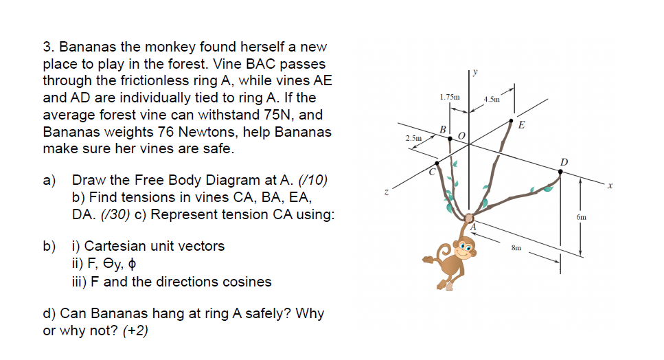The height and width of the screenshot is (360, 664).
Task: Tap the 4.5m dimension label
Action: (x=491, y=100)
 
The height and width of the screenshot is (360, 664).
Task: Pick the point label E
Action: (x=522, y=126)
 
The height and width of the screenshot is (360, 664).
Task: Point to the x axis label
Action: (x=608, y=184)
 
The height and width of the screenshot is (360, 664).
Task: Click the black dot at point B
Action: (x=450, y=138)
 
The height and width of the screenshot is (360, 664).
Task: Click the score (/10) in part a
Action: (x=314, y=181)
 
